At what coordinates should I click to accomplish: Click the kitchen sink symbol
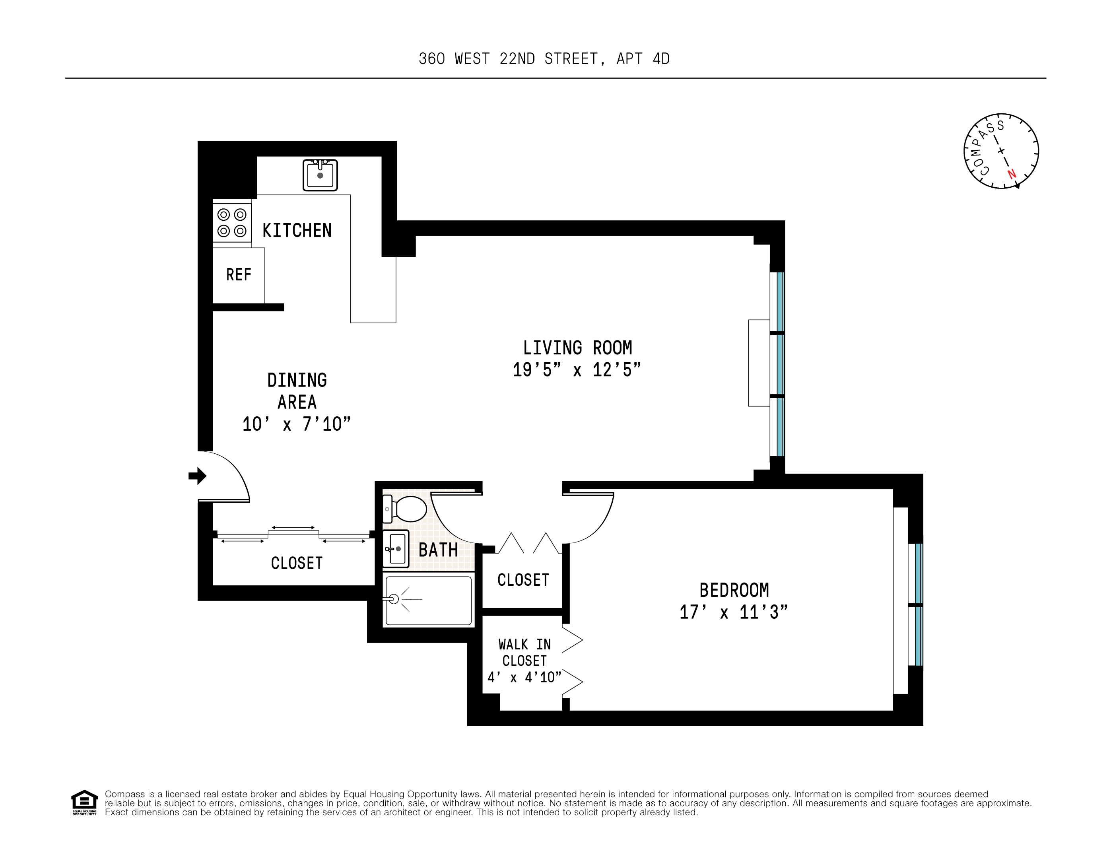click(320, 175)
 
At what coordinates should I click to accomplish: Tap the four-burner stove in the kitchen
click(232, 222)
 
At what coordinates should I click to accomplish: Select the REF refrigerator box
click(239, 275)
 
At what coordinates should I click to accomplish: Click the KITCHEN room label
click(297, 231)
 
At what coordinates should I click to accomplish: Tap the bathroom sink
click(396, 548)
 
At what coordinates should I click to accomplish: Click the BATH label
click(438, 550)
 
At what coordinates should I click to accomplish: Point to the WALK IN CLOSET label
click(524, 652)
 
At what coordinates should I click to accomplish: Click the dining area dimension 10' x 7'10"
click(297, 424)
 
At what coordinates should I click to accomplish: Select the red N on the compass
click(1012, 173)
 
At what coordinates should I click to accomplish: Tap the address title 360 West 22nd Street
click(544, 59)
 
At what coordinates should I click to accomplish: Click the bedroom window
click(918, 604)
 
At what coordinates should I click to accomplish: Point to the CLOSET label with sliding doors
click(297, 564)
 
